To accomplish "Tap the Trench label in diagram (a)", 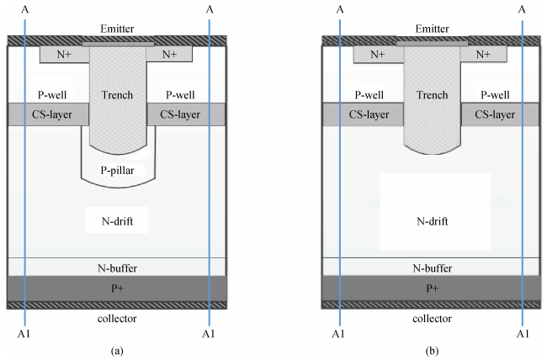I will [x=117, y=95].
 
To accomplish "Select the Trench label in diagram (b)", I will [x=432, y=95].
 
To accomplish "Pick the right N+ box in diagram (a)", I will [x=169, y=55].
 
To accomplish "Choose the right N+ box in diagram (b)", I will [x=484, y=55].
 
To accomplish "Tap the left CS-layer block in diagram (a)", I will [x=47, y=114].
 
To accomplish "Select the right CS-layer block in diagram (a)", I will [x=186, y=114].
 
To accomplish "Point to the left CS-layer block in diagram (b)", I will [x=363, y=114].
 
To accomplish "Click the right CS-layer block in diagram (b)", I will [x=501, y=114].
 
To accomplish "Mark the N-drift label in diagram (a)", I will [x=117, y=221].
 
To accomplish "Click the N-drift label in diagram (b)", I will [x=432, y=221].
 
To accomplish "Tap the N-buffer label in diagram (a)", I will [x=117, y=267].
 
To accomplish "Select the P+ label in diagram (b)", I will [x=432, y=288].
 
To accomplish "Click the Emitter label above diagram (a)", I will [x=117, y=29].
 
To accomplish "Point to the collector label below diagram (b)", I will [x=432, y=319].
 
